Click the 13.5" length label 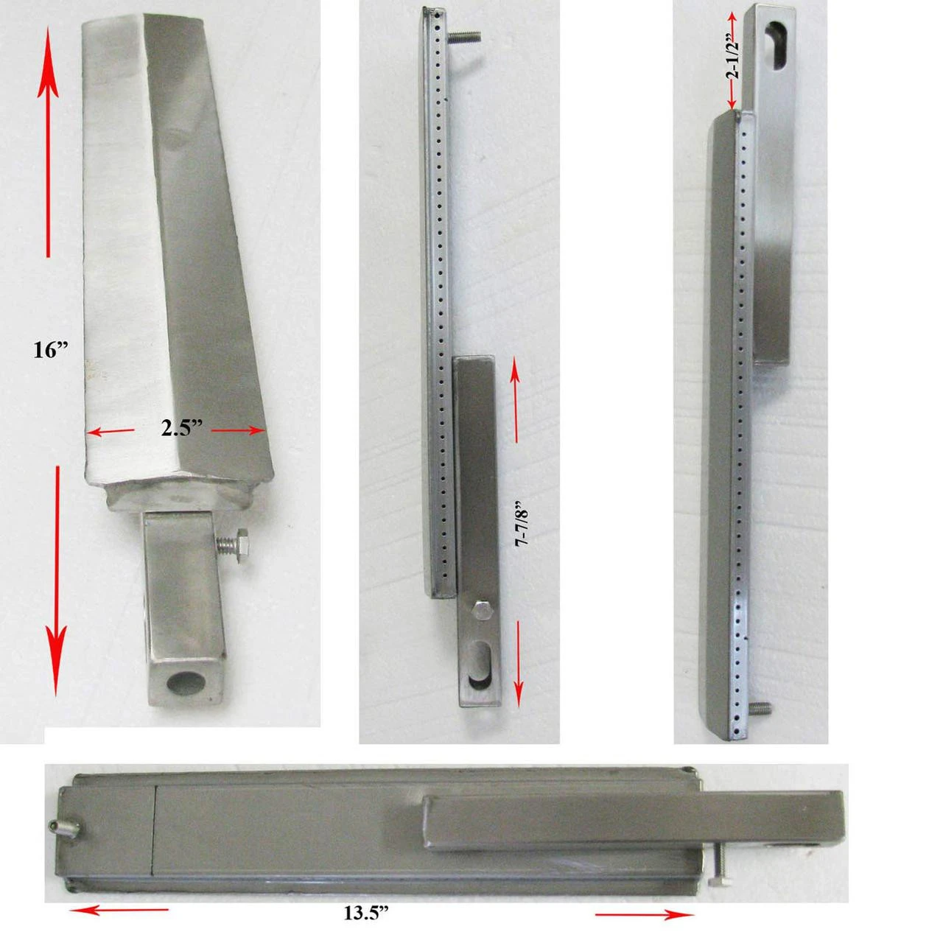point(366,914)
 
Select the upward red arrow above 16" point(49,140)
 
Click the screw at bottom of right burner point(761,709)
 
